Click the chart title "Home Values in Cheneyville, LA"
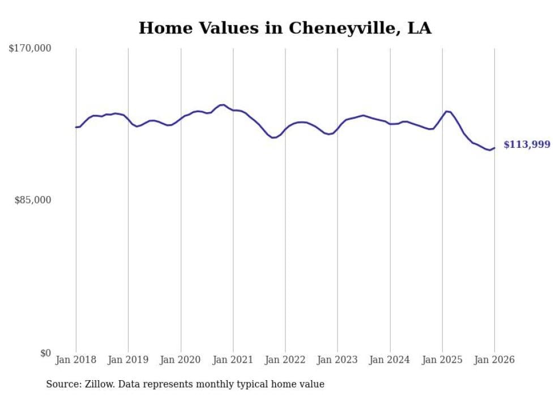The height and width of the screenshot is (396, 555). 285,28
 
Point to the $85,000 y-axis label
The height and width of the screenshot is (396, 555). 33,200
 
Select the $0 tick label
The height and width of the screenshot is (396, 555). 45,353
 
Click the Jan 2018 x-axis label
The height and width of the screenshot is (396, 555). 76,360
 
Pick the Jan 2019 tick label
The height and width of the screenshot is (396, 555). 128,360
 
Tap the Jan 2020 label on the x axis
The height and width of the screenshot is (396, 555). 181,360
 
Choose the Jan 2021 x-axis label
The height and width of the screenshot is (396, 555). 233,360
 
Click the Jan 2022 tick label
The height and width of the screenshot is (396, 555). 285,360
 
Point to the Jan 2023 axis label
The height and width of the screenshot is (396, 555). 338,360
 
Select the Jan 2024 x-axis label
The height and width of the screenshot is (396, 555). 390,360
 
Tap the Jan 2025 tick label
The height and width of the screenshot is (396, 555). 442,360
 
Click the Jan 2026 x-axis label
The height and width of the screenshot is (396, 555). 494,360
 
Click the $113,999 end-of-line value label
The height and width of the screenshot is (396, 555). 527,145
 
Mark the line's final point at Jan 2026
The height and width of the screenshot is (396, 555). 494,148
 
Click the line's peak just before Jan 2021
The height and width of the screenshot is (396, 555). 223,105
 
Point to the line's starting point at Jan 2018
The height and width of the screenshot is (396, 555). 76,127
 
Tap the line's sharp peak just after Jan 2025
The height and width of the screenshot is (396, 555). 447,111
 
